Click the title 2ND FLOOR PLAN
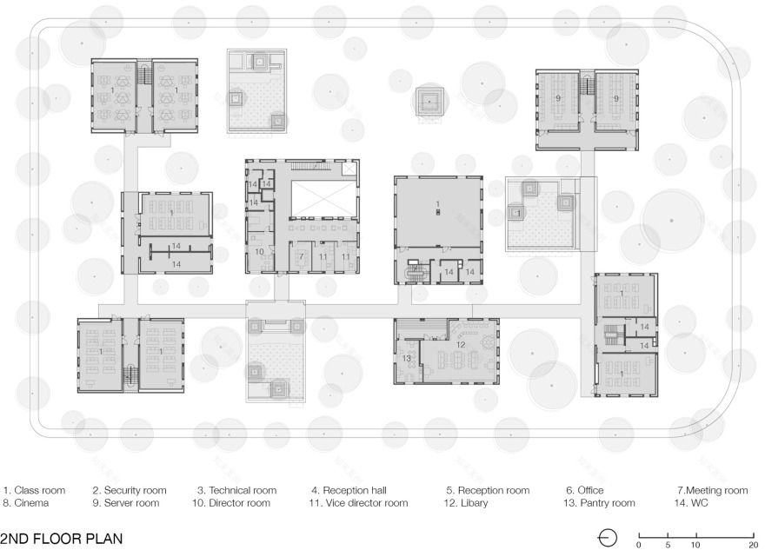pos(62,539)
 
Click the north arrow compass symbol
pos(608,539)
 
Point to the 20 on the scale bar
pos(754,545)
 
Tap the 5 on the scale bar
pos(668,545)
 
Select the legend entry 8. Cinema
pos(26,503)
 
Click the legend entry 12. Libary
pos(465,503)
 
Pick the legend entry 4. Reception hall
pos(349,491)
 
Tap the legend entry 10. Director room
pos(231,503)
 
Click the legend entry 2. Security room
pos(130,491)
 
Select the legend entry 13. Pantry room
pos(599,503)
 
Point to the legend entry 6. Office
pos(585,491)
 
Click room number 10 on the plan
pos(260,252)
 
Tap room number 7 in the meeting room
pos(302,256)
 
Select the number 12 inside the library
pos(461,345)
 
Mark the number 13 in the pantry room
pos(407,358)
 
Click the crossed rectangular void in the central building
pos(323,198)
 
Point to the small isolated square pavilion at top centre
pos(429,102)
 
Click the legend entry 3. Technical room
pos(237,491)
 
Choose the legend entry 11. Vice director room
pos(358,503)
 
